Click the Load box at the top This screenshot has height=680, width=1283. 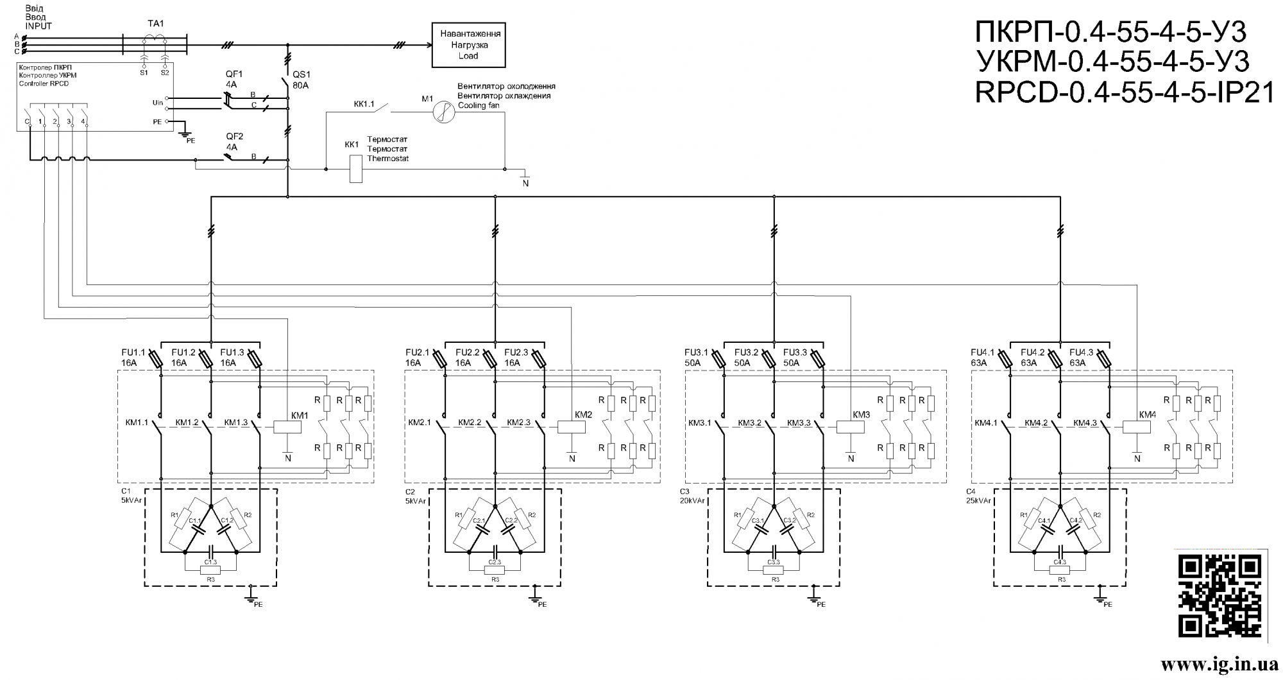(x=468, y=45)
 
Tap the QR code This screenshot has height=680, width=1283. (x=1220, y=596)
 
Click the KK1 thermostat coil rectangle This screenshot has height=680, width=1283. (x=355, y=169)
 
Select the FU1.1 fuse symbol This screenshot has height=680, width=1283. (x=160, y=359)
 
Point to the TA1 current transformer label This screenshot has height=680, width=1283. (x=156, y=23)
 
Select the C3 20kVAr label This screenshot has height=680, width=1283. (x=692, y=496)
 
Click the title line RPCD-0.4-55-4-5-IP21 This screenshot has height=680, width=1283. (x=1125, y=93)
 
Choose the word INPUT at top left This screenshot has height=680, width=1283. (x=38, y=26)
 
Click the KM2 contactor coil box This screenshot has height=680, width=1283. (x=568, y=426)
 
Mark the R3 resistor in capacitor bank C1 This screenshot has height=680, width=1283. (x=210, y=570)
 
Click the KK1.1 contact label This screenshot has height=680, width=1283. (x=364, y=103)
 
